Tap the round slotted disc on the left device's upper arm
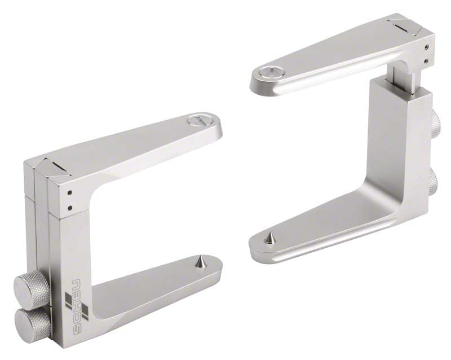[x=197, y=120]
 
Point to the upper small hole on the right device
[x=427, y=47]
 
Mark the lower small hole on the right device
[x=427, y=60]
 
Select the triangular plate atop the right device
[x=404, y=25]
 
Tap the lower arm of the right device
[x=327, y=226]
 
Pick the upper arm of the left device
[x=141, y=147]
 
